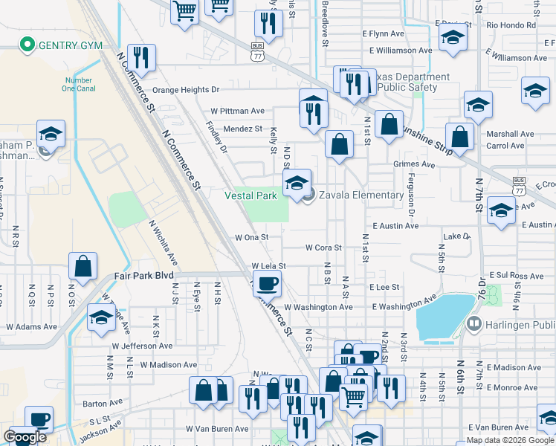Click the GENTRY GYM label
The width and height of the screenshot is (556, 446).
71,45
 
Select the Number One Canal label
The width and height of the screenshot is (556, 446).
79,84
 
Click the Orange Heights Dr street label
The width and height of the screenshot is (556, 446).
187,90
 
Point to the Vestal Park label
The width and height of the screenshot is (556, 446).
251,195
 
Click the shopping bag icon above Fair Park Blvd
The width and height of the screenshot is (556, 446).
83,266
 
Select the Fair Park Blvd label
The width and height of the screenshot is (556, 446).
143,275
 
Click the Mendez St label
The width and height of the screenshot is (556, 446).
243,129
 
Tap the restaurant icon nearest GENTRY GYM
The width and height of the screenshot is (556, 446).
140,58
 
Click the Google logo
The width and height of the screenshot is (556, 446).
25,437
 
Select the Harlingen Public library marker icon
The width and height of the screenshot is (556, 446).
473,324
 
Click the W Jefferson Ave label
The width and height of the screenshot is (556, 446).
143,346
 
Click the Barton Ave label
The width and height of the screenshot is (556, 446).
97,404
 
